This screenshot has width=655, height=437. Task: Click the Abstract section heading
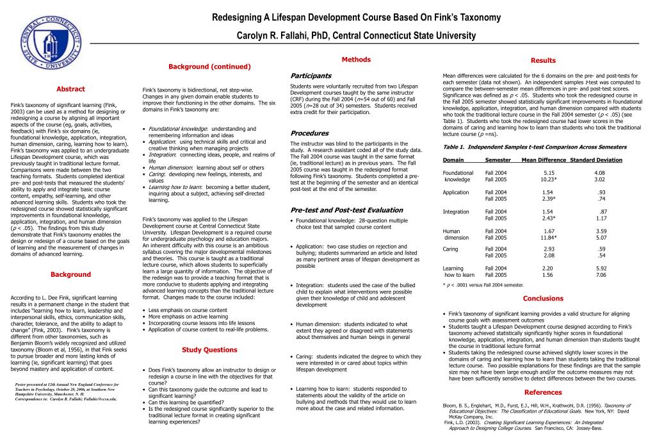[70, 89]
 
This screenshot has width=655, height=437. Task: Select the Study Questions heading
[209, 350]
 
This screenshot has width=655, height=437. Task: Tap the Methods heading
[356, 60]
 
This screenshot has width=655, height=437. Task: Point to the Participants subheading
[311, 76]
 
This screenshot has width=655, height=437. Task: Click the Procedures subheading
[309, 133]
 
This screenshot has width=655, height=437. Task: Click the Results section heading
[543, 61]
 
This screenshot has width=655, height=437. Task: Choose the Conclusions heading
[543, 298]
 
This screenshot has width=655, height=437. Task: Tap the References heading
[543, 392]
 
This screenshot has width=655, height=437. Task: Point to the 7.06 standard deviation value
[601, 275]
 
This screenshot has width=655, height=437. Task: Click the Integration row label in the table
[456, 212]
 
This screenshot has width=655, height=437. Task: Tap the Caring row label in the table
[450, 249]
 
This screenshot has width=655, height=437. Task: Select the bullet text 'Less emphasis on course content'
[188, 310]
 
